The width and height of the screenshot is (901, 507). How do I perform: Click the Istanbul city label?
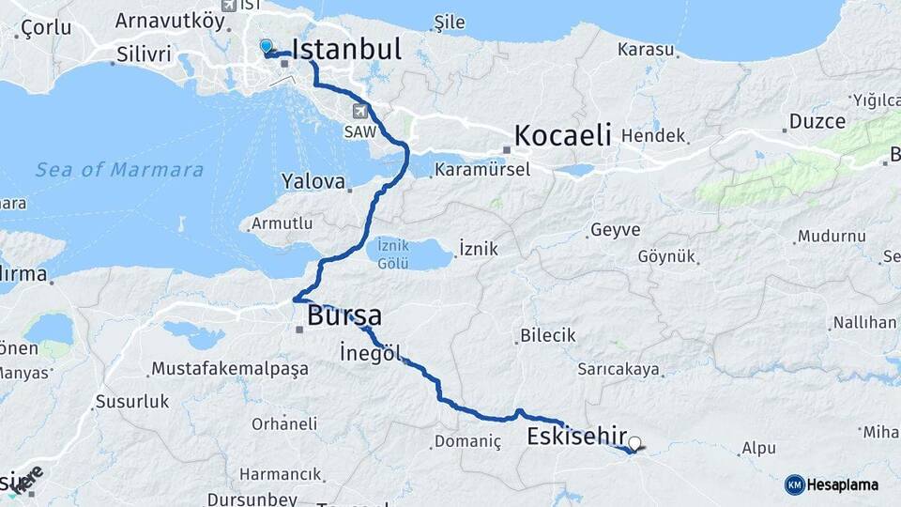346,49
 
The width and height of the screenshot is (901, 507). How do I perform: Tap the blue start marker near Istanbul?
266,46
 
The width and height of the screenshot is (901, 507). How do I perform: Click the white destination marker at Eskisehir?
635,443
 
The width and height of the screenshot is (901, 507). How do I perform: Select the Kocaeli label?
563,134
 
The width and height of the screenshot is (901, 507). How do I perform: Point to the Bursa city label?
344,315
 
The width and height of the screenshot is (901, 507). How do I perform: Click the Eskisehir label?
576,436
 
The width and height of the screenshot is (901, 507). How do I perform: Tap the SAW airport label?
360,132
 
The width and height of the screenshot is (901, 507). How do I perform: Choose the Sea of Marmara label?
119,170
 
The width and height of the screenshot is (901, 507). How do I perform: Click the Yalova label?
313,180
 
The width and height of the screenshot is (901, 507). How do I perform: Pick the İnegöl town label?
371,353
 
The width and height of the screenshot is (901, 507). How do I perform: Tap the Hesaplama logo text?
843,484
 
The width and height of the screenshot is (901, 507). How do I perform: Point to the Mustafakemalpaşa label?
229,368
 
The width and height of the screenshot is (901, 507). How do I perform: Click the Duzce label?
817,121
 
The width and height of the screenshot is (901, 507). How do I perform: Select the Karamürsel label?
482,170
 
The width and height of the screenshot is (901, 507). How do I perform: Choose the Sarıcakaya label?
618,369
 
